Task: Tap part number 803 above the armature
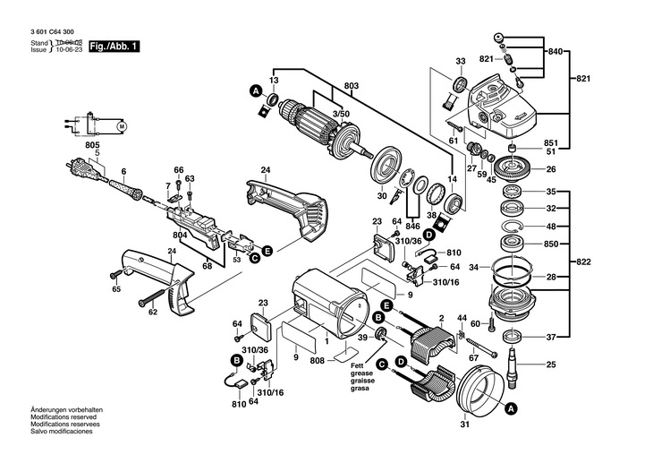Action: [x=351, y=86]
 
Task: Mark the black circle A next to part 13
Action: [x=255, y=91]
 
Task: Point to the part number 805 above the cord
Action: [x=92, y=145]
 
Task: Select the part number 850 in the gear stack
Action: [x=551, y=244]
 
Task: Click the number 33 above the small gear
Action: [x=460, y=61]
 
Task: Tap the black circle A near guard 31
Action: [x=511, y=408]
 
